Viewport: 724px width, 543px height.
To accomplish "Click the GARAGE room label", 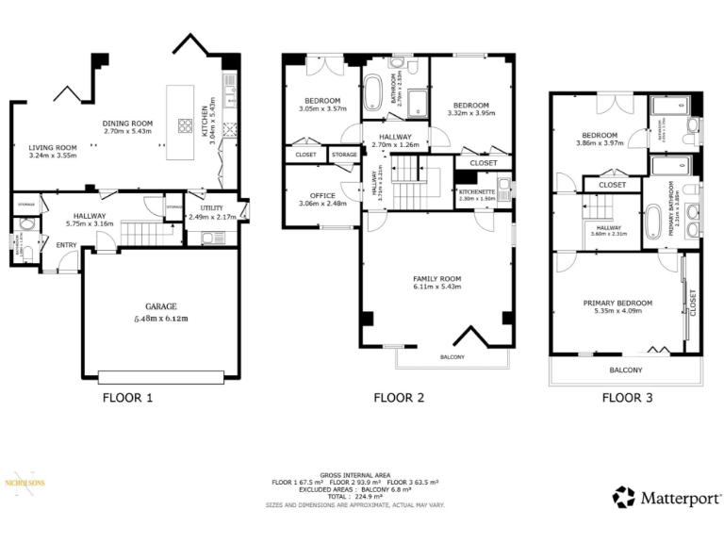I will (x=161, y=306).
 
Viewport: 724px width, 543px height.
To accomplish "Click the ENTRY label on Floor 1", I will (x=67, y=245).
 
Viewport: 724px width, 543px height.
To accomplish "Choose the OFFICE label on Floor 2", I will (x=310, y=196).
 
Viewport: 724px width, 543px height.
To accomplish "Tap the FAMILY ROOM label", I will (x=436, y=279).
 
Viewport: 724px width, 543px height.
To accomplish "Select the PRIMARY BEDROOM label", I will (x=617, y=303).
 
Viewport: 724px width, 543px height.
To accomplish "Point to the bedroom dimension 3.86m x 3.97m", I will (x=600, y=144).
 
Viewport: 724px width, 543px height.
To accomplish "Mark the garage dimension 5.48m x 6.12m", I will (x=161, y=319).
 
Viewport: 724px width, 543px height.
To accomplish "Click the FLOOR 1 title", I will (x=127, y=398).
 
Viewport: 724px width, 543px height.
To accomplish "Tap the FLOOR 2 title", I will (x=399, y=398).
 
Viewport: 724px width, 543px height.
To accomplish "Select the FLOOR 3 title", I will (x=628, y=398).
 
